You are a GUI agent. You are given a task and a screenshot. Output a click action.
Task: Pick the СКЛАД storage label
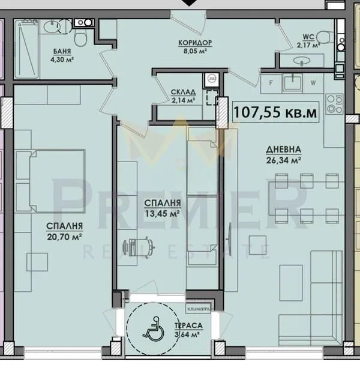click(183, 92)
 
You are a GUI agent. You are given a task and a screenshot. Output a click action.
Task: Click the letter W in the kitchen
click(313, 83)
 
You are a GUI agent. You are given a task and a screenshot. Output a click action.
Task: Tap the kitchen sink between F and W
click(292, 81)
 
